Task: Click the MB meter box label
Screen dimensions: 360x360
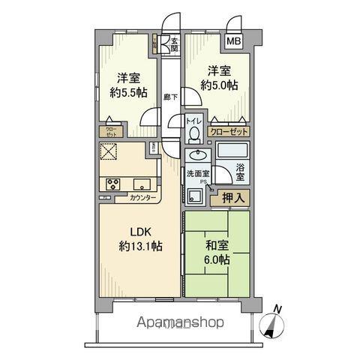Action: [x=235, y=40]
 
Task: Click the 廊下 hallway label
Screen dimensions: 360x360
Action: [x=169, y=97]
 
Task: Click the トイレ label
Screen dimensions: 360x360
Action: [x=193, y=120]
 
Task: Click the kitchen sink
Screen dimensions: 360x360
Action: [x=142, y=184]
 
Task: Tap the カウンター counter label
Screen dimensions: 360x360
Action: [x=143, y=199]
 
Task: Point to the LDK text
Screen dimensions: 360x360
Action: [x=129, y=232]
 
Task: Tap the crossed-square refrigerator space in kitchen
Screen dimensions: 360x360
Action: [x=109, y=154]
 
